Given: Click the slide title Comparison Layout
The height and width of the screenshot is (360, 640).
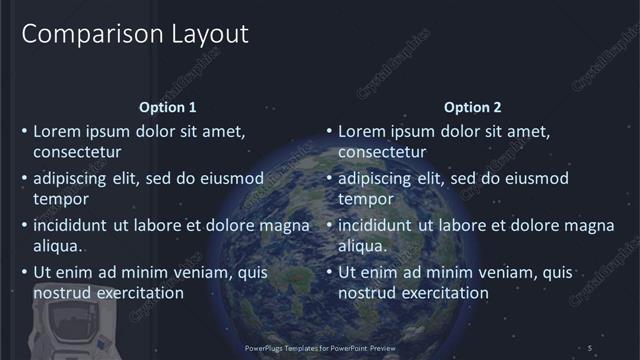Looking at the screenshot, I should coord(135,34).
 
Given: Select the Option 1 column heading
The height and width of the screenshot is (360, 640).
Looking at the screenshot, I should coord(168,107).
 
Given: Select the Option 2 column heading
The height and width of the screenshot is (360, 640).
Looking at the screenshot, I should coord(472,107).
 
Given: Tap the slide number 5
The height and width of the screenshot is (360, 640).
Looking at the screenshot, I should coord(591,347).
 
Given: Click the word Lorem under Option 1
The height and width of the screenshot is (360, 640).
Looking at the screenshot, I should coord(57,131).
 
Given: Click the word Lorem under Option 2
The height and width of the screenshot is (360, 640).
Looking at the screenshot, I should coord(362,131).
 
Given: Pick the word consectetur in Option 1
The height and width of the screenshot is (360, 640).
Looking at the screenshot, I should coord(78,153).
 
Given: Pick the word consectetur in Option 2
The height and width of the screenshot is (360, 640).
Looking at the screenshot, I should coord(383,153).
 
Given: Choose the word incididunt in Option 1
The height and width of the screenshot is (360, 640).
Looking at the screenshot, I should coord(71,225).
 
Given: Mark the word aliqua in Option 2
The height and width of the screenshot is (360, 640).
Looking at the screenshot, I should coord(363,246).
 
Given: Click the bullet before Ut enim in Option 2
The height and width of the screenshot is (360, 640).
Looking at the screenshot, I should coord(329,272).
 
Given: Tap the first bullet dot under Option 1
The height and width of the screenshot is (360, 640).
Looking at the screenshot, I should coord(25,131).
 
